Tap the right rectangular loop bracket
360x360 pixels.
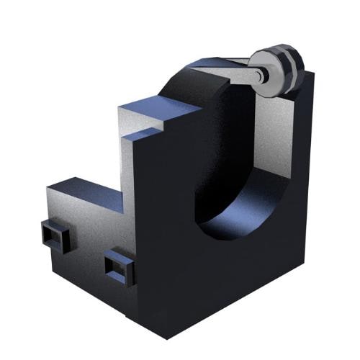click(x=120, y=267)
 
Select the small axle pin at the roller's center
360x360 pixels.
click(x=263, y=72)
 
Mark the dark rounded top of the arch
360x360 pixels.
click(x=194, y=76)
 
